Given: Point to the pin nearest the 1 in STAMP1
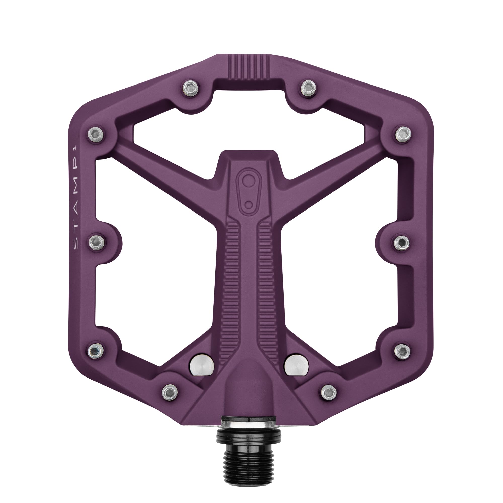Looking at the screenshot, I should pos(97,134).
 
